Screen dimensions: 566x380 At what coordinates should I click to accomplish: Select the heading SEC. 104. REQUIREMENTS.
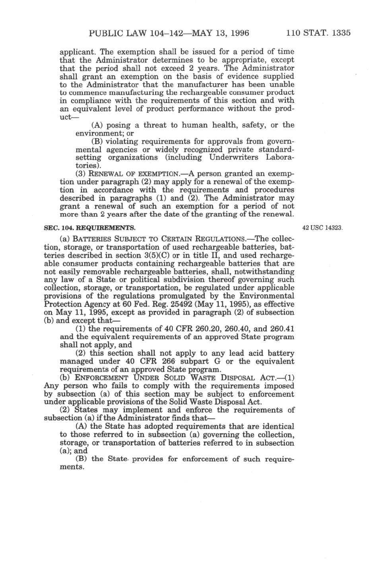(89, 228)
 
